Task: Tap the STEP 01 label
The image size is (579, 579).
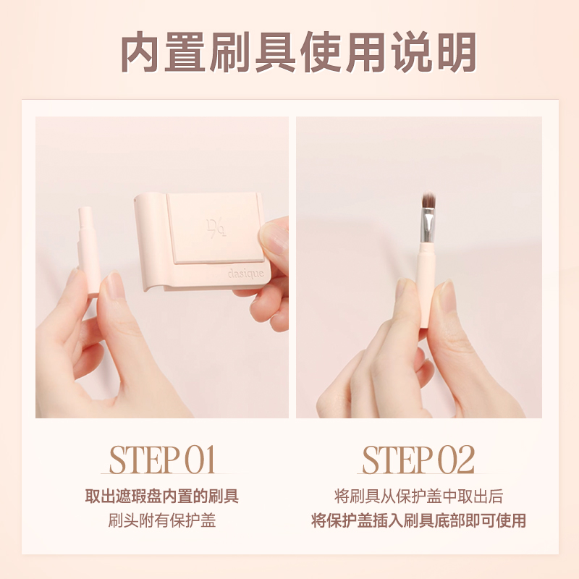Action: coord(162,460)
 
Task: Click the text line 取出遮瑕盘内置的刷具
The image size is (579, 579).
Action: coord(162,496)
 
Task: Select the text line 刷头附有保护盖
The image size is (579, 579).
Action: coord(162,520)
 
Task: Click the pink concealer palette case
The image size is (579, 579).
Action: coord(210,239)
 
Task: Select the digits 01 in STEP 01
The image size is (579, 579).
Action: coord(200,460)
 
